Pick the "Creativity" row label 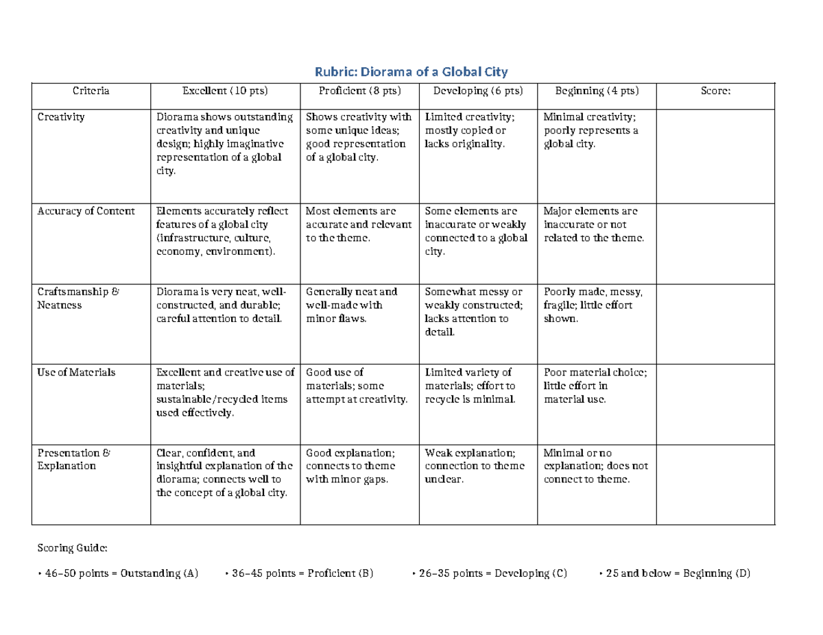click(61, 117)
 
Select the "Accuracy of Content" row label click(86, 211)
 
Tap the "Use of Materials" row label click(76, 373)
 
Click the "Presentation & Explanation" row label click(74, 459)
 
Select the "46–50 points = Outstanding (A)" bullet click(117, 573)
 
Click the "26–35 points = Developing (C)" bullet click(490, 573)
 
